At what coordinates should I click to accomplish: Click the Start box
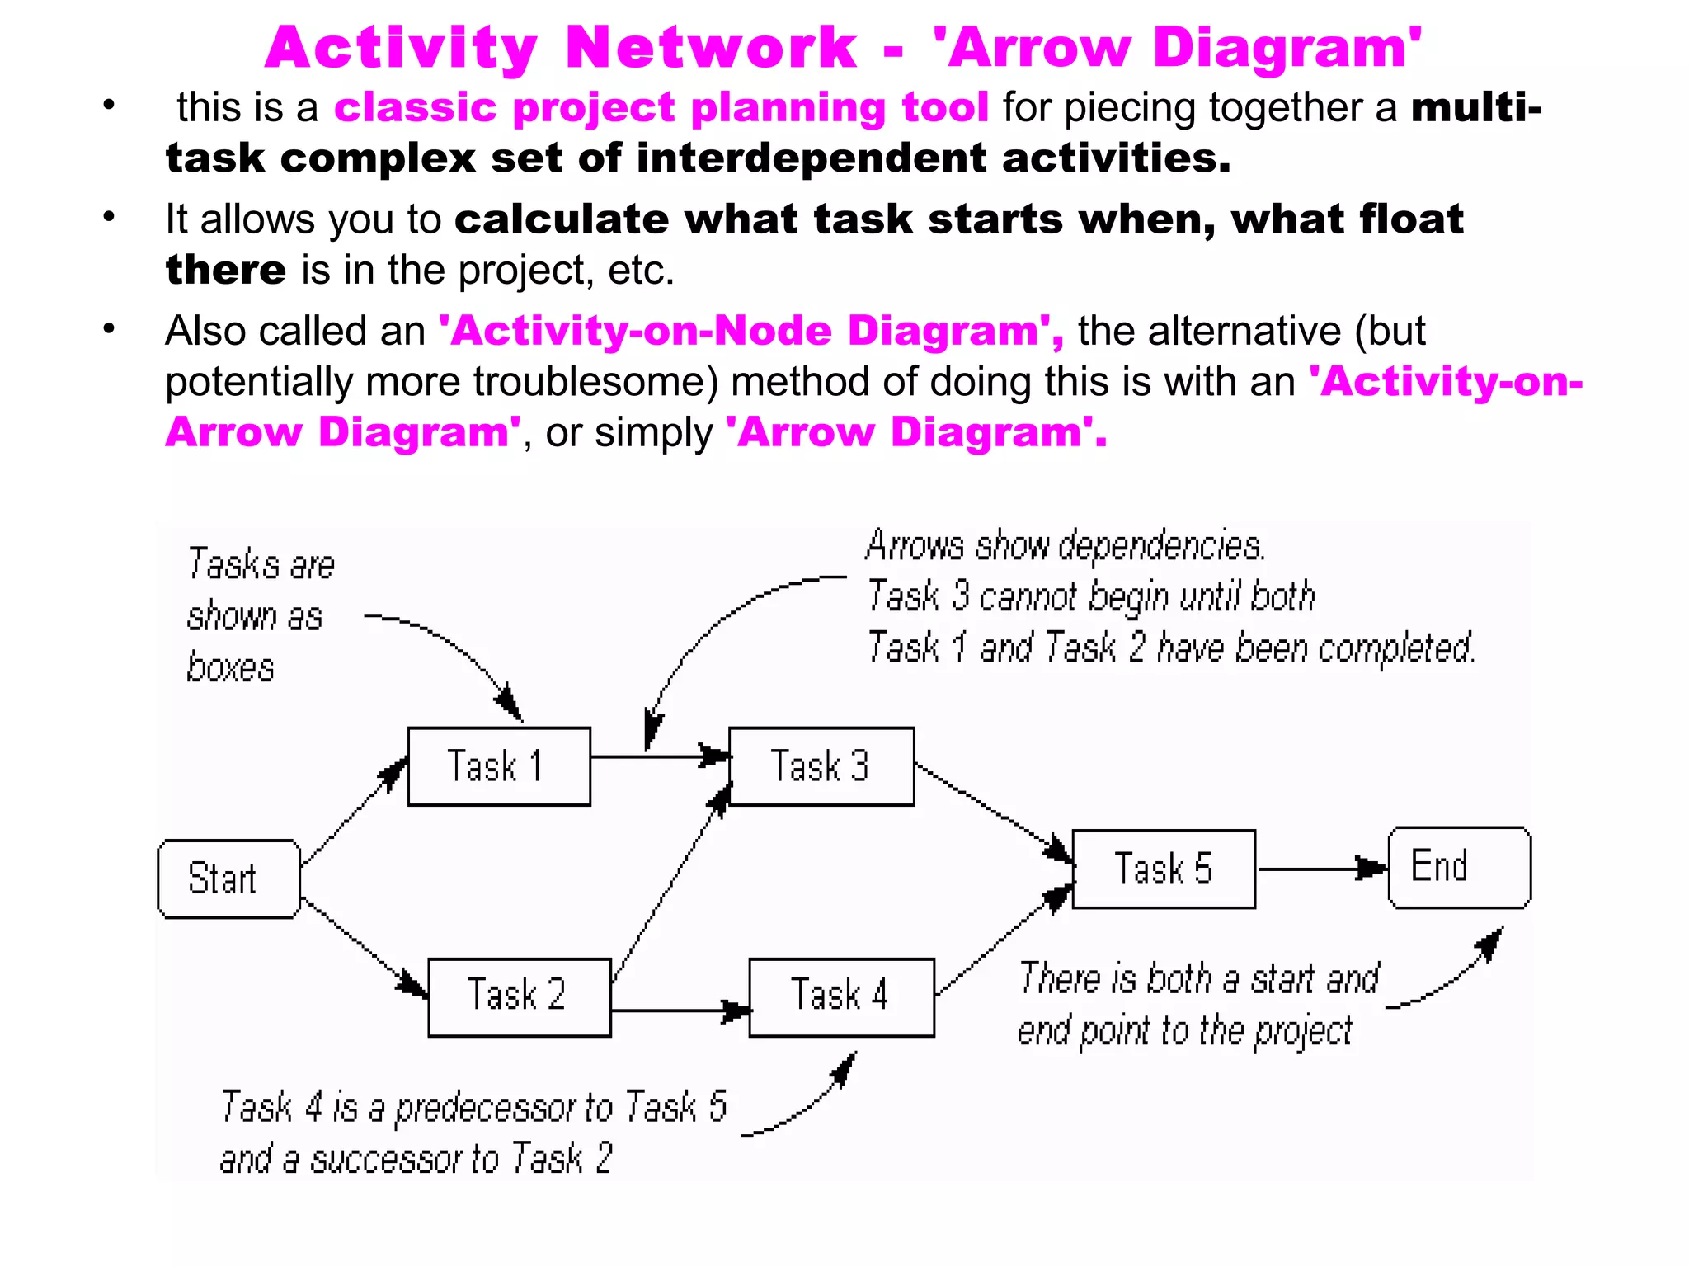click(228, 878)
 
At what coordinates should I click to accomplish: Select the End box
click(1459, 867)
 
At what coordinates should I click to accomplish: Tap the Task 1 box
click(499, 766)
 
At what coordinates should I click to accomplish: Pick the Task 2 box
click(519, 996)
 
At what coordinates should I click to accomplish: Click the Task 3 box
click(821, 766)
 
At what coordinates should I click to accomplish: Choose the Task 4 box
click(841, 996)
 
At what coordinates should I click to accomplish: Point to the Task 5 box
click(1164, 869)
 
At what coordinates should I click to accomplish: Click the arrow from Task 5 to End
click(1320, 869)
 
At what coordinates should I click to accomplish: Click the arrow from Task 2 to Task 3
click(670, 883)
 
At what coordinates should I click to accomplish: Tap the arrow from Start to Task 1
click(354, 812)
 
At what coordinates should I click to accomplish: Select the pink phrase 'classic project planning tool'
click(661, 107)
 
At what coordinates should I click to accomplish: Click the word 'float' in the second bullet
click(1411, 219)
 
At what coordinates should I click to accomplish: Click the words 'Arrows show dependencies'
click(1064, 546)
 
